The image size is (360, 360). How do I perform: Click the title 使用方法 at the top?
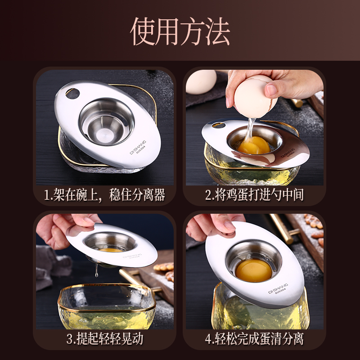(180, 31)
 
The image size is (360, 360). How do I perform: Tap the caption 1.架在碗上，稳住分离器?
(104, 195)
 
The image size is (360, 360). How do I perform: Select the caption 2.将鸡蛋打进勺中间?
(255, 195)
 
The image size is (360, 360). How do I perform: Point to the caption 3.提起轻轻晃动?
(104, 339)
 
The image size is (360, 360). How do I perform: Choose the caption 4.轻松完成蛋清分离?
(255, 339)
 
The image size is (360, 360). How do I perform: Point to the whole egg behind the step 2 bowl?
(201, 82)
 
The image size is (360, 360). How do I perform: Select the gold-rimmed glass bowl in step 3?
(107, 306)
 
